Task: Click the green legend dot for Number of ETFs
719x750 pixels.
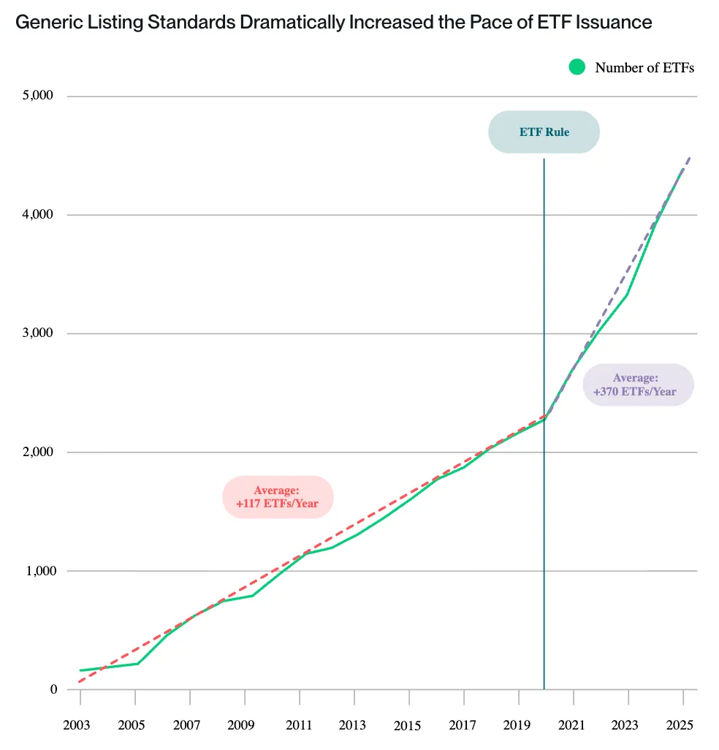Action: point(577,67)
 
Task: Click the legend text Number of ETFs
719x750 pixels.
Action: point(644,68)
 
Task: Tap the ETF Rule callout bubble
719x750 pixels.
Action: point(544,132)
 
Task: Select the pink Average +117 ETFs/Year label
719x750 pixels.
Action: point(278,497)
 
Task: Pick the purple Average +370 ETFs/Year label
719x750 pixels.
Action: point(635,385)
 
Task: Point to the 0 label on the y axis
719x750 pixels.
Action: point(54,689)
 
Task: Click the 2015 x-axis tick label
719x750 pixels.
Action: point(407,725)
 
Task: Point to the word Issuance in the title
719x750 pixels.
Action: point(612,23)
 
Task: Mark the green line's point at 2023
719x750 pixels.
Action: point(627,295)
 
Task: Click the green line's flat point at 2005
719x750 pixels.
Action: point(137,664)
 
